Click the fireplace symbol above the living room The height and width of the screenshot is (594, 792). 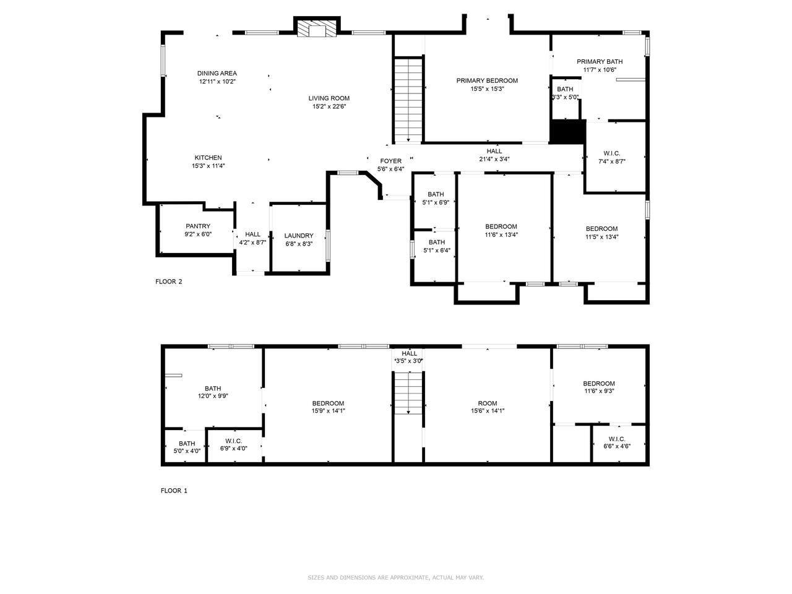click(x=316, y=28)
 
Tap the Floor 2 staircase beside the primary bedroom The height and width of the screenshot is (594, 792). click(x=408, y=100)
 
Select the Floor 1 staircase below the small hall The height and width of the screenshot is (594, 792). click(x=408, y=393)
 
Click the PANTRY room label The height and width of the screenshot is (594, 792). click(x=198, y=226)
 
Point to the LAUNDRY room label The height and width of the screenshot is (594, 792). click(x=298, y=236)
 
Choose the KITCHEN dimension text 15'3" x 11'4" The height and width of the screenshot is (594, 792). click(x=208, y=166)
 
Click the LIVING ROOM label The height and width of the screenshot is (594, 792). click(x=329, y=98)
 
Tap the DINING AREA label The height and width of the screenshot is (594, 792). click(x=217, y=73)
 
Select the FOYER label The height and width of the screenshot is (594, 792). click(x=390, y=161)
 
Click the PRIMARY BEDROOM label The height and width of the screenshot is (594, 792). click(x=487, y=80)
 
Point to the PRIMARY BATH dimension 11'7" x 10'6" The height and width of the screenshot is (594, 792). click(x=600, y=70)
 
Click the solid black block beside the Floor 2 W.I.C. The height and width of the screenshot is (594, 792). click(x=567, y=132)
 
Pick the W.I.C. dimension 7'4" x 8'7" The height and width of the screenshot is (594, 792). click(x=611, y=161)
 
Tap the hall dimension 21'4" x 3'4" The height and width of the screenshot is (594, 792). click(x=494, y=159)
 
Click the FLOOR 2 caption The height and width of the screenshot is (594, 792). click(x=168, y=282)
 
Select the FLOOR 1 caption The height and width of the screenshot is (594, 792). click(x=174, y=491)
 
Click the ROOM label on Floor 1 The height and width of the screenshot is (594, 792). click(x=487, y=403)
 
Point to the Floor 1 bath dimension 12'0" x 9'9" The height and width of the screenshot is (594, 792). click(x=213, y=395)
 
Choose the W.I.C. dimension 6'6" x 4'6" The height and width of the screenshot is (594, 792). click(x=617, y=446)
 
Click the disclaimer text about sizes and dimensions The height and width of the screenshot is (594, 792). click(x=395, y=577)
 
